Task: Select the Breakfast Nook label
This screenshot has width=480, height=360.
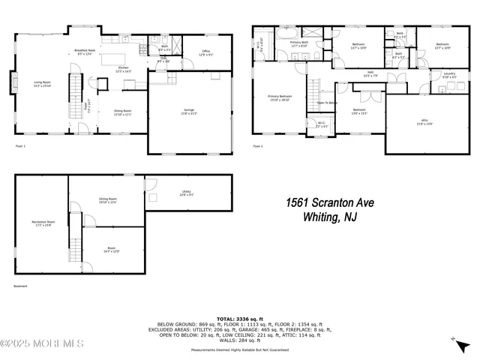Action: pos(84,52)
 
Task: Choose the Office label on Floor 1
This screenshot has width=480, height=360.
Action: pos(205,52)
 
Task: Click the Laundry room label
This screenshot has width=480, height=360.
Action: pos(448,75)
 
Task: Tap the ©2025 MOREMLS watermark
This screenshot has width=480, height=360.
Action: pos(42,344)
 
